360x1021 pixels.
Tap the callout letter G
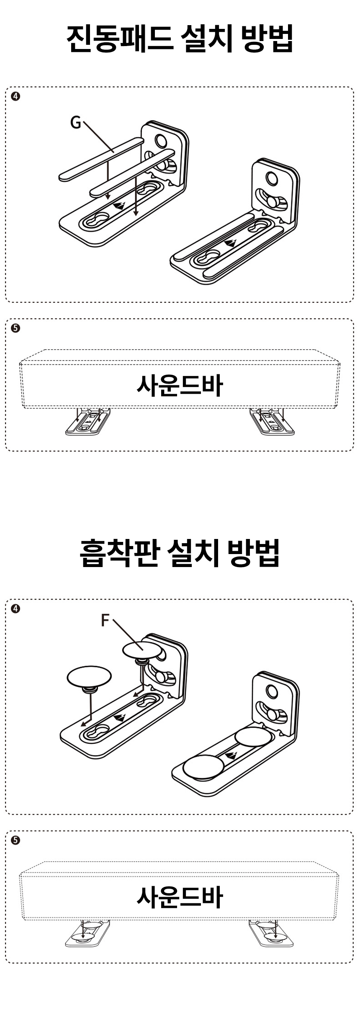pos(75,122)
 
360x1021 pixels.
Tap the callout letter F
pos(105,620)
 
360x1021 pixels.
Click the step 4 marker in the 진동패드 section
pos(15,96)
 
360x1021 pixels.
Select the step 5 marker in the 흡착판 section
pos(15,840)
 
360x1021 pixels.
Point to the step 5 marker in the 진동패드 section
pos(15,328)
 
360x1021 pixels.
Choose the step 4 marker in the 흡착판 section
pos(15,608)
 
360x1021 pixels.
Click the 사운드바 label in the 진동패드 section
pos(180,385)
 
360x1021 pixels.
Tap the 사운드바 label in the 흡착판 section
pos(180,897)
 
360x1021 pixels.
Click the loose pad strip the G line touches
pos(100,159)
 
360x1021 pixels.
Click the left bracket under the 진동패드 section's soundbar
pos(88,422)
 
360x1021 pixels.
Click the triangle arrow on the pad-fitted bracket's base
pos(229,242)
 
